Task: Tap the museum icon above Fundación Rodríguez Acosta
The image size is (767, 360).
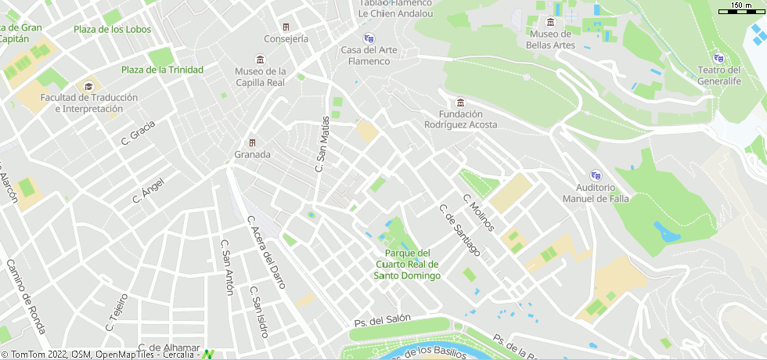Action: pos(460,103)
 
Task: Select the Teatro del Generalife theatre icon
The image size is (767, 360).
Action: pos(718,58)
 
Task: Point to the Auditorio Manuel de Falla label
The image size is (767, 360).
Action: pos(596,193)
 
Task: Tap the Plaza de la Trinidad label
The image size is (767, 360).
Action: pos(162,70)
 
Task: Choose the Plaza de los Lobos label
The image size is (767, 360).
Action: pos(112,30)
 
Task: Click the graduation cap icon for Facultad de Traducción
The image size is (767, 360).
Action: pos(89,85)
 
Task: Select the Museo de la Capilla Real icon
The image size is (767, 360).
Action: pos(260,60)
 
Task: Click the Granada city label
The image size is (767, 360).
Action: pos(252,154)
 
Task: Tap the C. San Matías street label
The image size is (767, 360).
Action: pos(320,145)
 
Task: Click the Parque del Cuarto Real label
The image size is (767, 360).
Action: pos(407,264)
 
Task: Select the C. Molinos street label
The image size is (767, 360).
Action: pos(479,212)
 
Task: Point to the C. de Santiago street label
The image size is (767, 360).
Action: pos(459,230)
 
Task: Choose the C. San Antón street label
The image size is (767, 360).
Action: pos(228,267)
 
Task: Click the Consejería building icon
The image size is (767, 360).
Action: pos(286,27)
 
